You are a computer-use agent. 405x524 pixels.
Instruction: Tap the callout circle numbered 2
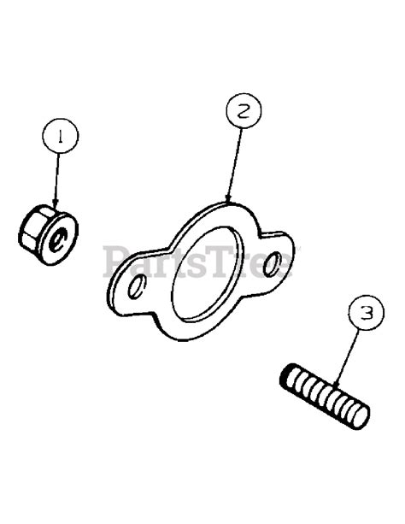click(x=244, y=111)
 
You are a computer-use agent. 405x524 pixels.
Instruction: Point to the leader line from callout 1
click(x=58, y=175)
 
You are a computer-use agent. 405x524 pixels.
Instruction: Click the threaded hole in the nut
click(x=58, y=239)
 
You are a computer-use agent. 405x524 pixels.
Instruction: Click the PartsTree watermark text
click(x=202, y=259)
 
